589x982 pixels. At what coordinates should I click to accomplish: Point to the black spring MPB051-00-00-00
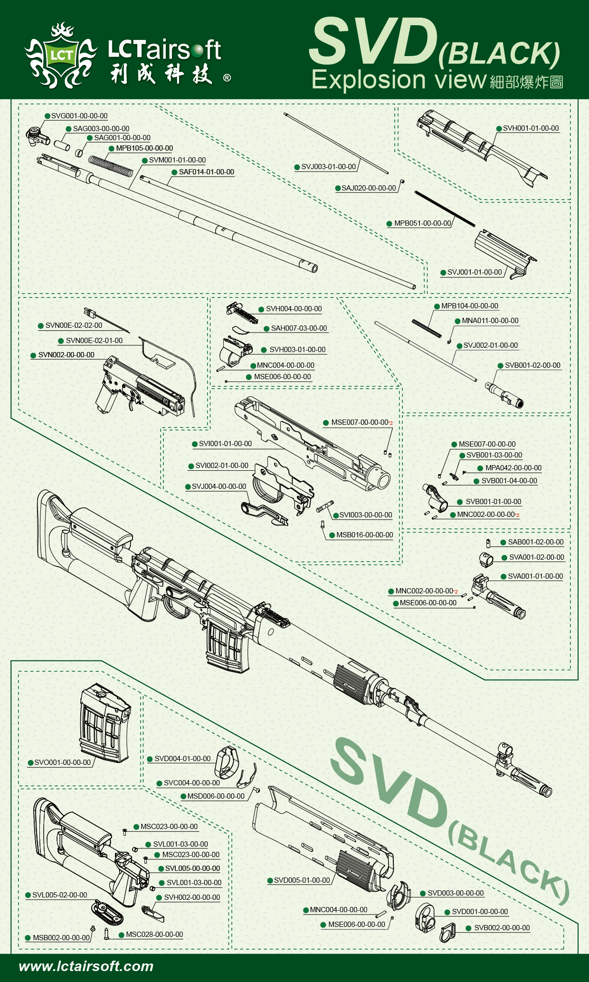444,208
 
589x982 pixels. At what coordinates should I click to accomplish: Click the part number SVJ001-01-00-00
475,272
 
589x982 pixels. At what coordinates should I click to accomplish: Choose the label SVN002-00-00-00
66,355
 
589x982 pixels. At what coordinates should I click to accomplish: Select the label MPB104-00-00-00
470,306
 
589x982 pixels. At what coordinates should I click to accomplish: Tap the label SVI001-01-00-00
225,444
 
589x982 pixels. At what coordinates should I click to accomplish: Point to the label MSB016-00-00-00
364,535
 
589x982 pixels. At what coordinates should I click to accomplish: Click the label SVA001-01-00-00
535,576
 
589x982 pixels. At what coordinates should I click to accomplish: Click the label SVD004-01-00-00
182,759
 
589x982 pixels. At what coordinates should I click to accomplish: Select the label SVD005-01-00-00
302,880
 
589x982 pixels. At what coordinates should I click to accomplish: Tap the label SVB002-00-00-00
502,928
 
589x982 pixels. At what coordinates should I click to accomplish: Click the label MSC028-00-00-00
154,934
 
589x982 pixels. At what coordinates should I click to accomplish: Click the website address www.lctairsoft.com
86,966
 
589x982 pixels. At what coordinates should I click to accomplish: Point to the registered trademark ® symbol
227,78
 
